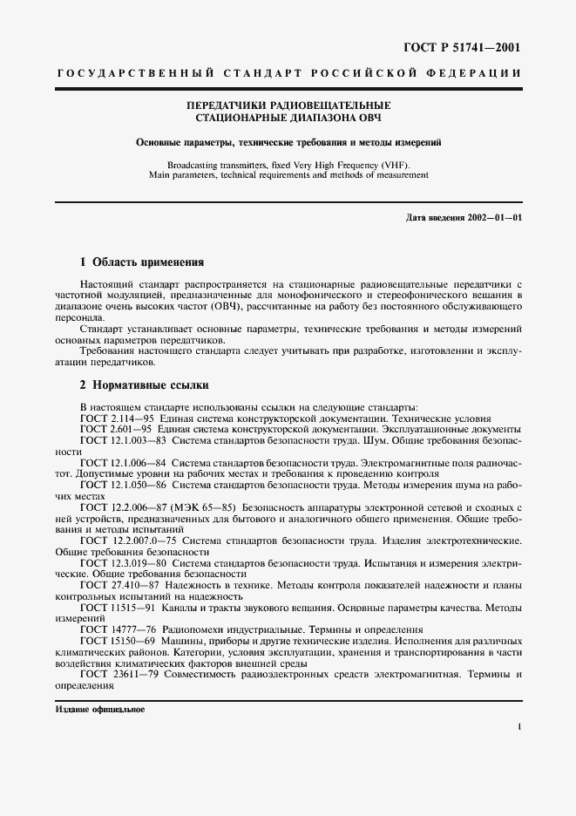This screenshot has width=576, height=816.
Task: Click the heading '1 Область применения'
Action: click(x=141, y=262)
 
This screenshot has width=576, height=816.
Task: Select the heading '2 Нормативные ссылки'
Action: click(x=144, y=385)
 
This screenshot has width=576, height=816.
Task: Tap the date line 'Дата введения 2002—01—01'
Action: click(x=464, y=217)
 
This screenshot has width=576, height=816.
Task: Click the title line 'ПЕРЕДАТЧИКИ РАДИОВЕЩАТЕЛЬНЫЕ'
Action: click(x=288, y=105)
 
